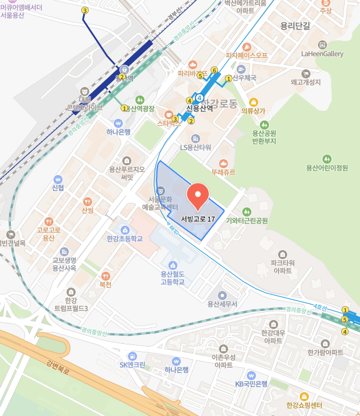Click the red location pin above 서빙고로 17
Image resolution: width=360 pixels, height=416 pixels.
(x=198, y=196)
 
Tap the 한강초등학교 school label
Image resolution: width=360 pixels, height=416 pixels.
(x=124, y=239)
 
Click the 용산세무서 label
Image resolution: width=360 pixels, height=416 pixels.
(x=222, y=304)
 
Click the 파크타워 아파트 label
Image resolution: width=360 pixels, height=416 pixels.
(x=281, y=267)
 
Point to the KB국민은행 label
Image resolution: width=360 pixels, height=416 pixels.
(x=251, y=384)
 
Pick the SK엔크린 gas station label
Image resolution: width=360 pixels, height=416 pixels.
(x=132, y=365)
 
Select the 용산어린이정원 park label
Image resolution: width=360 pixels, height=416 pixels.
(x=326, y=168)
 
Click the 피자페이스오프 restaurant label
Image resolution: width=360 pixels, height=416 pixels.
(x=246, y=56)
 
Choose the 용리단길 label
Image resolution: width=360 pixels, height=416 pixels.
(x=295, y=26)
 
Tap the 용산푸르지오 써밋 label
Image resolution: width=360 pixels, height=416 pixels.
(x=127, y=173)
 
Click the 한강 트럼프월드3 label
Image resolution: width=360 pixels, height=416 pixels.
(x=71, y=305)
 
